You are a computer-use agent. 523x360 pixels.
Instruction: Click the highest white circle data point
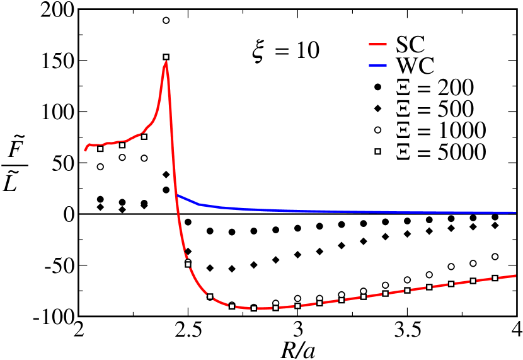[166, 20]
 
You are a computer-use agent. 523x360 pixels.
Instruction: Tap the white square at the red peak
[166, 57]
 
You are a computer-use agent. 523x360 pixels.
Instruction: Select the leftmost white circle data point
[100, 166]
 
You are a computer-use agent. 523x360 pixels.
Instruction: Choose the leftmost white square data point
[100, 149]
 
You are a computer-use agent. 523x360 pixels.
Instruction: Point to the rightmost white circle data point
[495, 257]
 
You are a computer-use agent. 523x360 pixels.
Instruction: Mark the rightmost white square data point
[495, 278]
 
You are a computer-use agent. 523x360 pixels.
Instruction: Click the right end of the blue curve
[516, 212]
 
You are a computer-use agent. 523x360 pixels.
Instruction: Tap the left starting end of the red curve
[85, 150]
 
